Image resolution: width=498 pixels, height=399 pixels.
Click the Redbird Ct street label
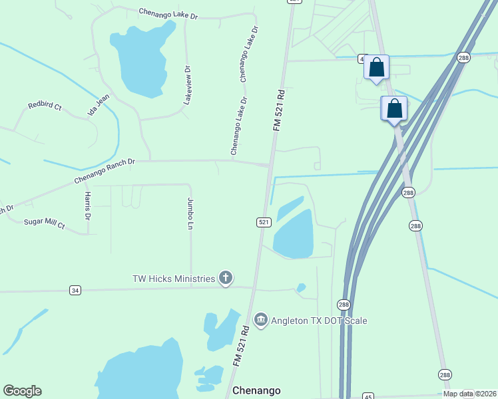(x=45, y=106)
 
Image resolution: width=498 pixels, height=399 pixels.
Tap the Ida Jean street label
(x=98, y=105)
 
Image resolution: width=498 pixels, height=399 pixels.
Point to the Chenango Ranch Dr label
(x=105, y=170)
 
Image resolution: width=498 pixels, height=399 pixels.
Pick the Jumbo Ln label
(x=190, y=213)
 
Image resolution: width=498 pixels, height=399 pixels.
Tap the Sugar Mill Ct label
(x=44, y=224)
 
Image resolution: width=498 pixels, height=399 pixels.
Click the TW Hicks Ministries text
(x=173, y=279)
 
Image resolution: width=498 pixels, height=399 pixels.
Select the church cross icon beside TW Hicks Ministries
(x=226, y=279)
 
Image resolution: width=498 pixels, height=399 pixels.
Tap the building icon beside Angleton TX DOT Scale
(x=261, y=321)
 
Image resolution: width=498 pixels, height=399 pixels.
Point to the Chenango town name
(x=256, y=390)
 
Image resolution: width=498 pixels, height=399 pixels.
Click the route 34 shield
(x=75, y=290)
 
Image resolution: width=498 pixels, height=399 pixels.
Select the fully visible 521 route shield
(x=264, y=222)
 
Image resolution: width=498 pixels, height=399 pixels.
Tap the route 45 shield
(x=369, y=396)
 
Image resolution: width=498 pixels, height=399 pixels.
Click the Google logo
(x=22, y=390)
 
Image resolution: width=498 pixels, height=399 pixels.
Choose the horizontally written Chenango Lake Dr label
(x=168, y=13)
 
